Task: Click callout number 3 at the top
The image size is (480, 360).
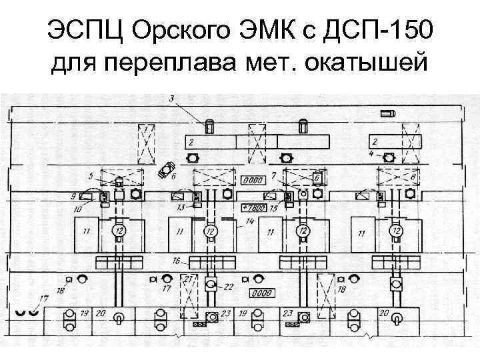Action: tap(171, 99)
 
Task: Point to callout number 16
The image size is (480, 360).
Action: tap(176, 260)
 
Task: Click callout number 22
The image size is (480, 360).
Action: tap(229, 287)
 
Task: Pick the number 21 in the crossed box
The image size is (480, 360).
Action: tap(190, 278)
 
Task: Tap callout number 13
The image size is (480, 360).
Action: tap(180, 208)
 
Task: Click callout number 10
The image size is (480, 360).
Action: tap(78, 209)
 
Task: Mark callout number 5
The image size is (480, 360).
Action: tap(91, 176)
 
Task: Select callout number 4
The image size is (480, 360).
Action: tap(371, 154)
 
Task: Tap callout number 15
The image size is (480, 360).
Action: tap(273, 209)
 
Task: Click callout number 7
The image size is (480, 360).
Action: tap(273, 175)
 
